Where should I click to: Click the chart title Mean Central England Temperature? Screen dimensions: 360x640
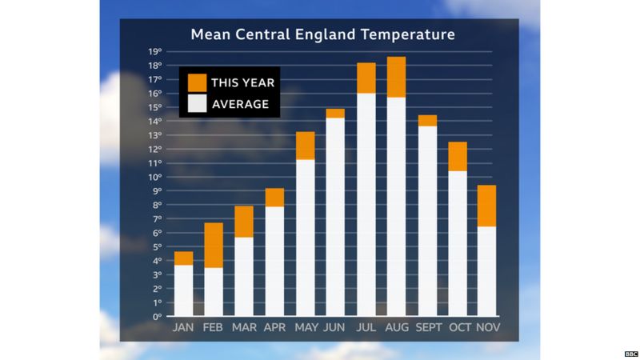322,34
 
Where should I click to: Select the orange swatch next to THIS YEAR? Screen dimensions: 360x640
197,82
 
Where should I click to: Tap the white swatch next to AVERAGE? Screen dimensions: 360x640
197,103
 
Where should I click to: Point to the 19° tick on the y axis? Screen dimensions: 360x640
155,52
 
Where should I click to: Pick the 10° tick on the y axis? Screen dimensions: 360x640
155,178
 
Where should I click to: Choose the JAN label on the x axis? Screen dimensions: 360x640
183,328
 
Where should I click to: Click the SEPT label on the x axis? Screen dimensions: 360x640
428,328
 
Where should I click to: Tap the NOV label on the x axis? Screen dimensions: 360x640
487,328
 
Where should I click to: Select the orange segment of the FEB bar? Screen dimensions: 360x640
214,245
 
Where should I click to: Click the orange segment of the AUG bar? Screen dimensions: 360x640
396,77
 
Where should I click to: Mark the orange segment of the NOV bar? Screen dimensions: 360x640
487,206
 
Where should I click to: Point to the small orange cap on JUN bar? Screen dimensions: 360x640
335,113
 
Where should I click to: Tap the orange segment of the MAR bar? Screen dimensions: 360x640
244,222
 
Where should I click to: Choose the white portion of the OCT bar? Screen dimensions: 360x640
457,243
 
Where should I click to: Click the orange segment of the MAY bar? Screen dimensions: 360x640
305,146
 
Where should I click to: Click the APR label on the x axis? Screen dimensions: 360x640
274,328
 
